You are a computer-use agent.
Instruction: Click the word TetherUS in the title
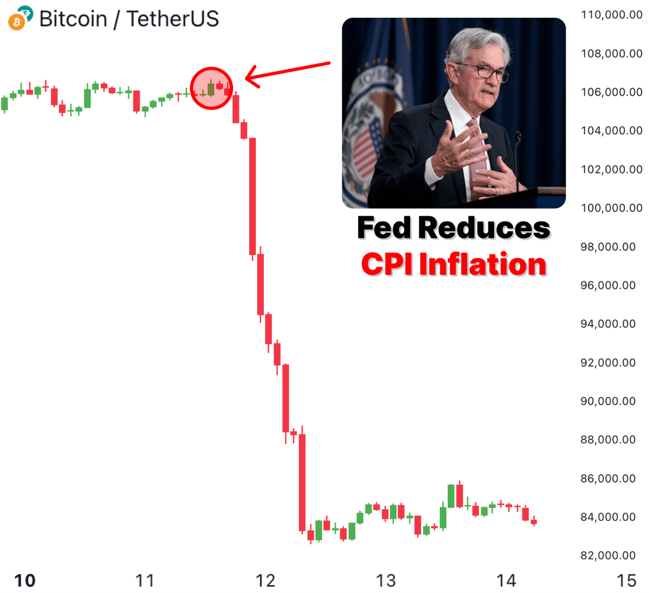click(173, 19)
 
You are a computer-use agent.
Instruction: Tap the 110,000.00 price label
click(611, 15)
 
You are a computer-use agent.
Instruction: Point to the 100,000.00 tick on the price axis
click(611, 208)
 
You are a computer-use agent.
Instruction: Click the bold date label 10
click(25, 581)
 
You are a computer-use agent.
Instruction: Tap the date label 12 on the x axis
click(266, 581)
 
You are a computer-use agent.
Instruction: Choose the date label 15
click(626, 581)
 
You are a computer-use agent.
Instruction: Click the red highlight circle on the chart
click(211, 88)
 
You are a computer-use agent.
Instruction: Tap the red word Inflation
click(482, 265)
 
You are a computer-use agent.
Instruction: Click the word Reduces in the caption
click(484, 228)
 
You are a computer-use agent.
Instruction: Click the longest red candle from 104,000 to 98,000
click(252, 196)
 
